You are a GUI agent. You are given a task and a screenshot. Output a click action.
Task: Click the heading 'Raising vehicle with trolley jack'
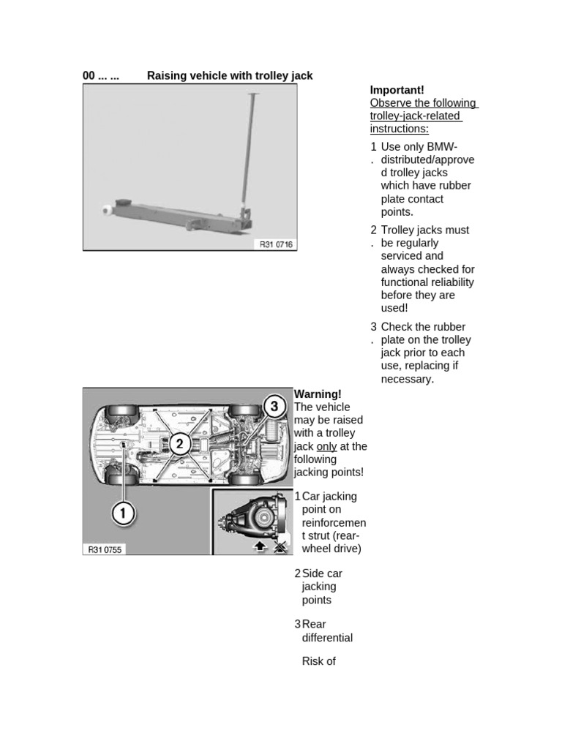click(230, 75)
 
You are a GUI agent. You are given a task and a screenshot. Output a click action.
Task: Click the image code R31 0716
click(276, 244)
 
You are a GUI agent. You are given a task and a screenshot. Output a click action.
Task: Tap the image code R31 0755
click(105, 549)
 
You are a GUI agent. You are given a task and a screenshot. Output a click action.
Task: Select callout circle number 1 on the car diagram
click(123, 514)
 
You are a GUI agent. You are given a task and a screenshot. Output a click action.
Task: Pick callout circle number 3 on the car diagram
click(274, 407)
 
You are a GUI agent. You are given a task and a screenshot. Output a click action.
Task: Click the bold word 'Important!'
click(397, 90)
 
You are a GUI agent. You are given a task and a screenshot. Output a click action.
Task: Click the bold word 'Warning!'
click(318, 394)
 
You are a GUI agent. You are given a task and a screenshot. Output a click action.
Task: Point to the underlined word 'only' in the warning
click(326, 446)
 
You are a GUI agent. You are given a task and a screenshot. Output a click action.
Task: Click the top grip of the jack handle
click(254, 94)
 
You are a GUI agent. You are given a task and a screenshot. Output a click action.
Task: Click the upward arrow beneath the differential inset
click(260, 546)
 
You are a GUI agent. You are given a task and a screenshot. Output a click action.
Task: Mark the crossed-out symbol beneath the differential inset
click(279, 546)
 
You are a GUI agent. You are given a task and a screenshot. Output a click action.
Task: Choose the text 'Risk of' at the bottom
click(318, 661)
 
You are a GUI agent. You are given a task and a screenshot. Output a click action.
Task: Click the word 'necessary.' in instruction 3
click(408, 379)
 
